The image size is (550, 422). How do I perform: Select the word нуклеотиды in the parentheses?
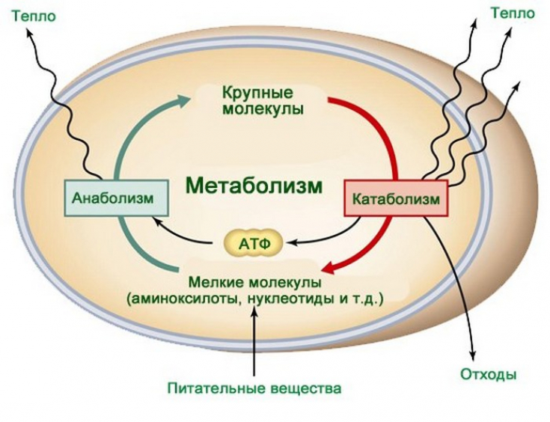pyautogui.click(x=285, y=299)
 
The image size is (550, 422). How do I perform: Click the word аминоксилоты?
pyautogui.click(x=183, y=299)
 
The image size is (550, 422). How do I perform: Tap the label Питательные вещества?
pyautogui.click(x=254, y=388)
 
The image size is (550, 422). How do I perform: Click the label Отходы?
pyautogui.click(x=489, y=374)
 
